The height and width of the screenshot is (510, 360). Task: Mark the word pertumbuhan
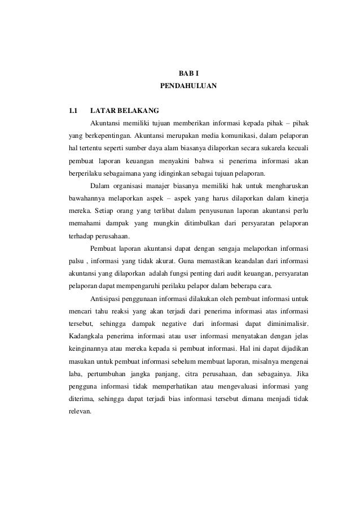coord(112,374)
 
